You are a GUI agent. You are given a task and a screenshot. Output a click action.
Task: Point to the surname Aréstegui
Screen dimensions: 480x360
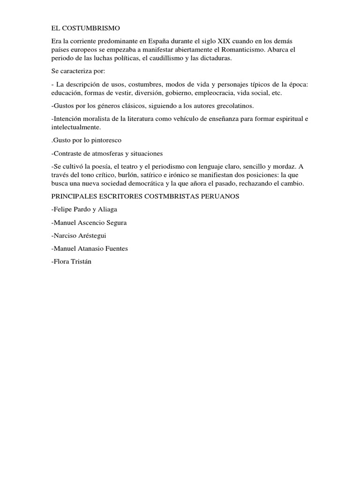(96, 236)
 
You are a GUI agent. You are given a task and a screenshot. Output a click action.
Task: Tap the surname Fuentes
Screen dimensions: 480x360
(115, 249)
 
